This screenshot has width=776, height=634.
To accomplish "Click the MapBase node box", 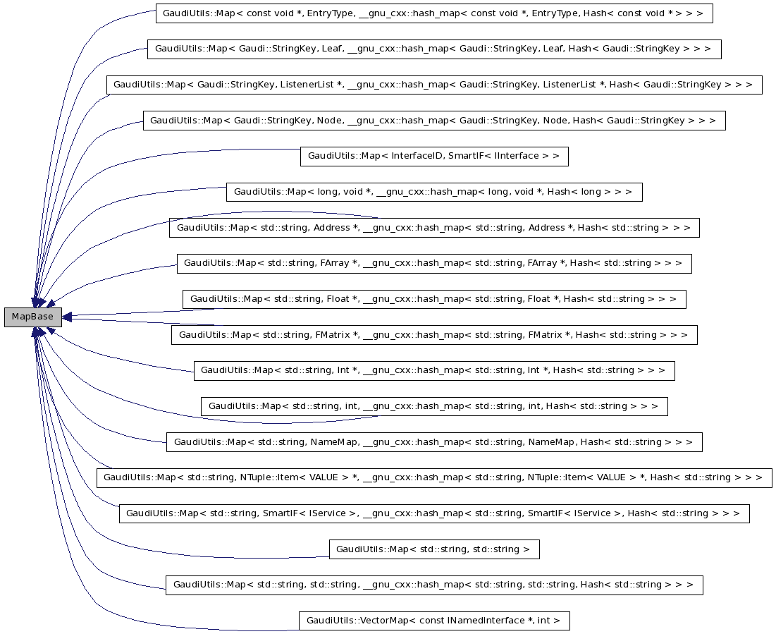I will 32,317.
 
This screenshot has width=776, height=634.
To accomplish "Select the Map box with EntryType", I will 433,13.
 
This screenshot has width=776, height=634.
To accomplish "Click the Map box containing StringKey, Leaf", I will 433,49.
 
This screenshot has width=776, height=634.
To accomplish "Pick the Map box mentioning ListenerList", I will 433,85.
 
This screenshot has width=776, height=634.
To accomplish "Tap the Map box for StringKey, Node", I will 433,121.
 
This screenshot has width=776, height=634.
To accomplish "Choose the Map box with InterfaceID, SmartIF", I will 433,157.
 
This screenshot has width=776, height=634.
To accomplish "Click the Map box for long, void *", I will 433,192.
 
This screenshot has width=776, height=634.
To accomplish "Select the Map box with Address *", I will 433,228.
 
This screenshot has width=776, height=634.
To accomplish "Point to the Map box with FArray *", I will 433,263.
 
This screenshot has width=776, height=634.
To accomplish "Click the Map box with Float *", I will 433,299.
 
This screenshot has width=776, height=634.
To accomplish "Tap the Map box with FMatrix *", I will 433,335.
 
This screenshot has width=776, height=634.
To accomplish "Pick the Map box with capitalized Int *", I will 433,370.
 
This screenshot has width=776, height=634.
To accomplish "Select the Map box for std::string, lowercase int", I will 433,406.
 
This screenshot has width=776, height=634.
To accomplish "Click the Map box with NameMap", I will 433,442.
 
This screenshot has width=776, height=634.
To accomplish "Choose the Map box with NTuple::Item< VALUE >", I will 433,477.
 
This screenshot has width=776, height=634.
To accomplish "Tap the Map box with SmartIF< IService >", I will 433,513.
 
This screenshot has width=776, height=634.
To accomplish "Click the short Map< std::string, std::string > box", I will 433,549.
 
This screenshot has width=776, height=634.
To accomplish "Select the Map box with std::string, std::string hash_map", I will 433,585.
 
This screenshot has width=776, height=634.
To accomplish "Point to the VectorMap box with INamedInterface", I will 433,621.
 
